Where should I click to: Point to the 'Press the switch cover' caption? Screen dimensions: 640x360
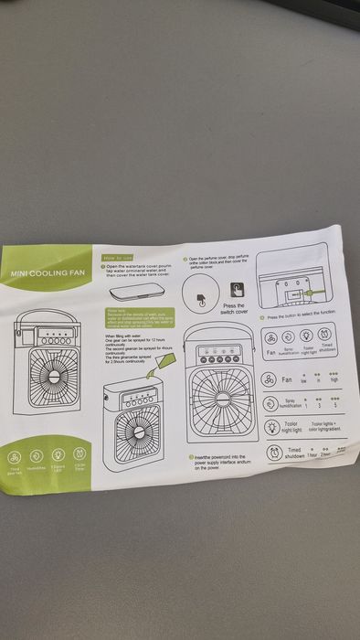235,308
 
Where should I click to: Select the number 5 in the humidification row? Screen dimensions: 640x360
335,405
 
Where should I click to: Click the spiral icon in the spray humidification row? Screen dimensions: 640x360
270,403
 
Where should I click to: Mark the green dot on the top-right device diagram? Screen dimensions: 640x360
308,293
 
